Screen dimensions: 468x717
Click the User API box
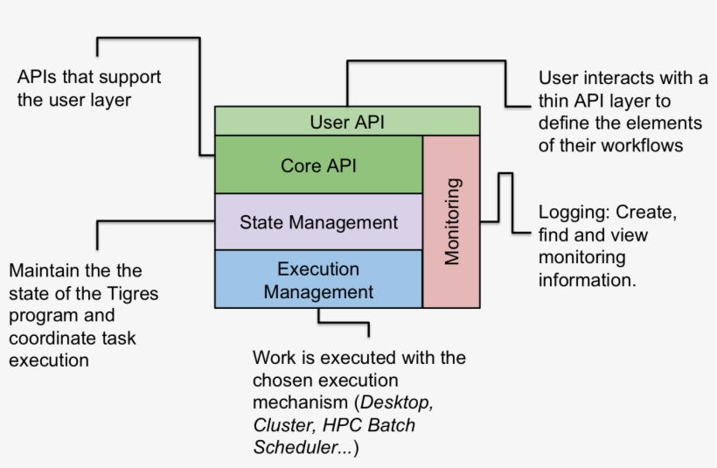[x=347, y=121]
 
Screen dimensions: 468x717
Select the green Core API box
[x=318, y=164]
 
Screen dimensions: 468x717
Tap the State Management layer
[x=318, y=221]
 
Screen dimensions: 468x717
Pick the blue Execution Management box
[x=318, y=279]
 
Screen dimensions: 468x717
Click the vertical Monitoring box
[x=451, y=221]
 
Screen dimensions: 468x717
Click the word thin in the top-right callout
[x=556, y=100]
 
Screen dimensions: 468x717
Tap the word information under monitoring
[x=586, y=281]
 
